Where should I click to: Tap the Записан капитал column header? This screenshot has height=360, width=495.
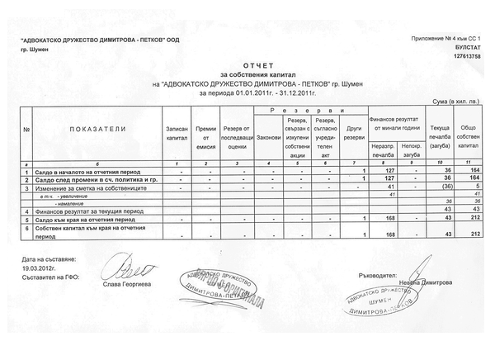177,135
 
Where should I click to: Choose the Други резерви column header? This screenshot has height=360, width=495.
355,135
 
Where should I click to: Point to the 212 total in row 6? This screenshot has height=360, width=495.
473,234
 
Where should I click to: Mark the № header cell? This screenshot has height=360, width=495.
27,130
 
